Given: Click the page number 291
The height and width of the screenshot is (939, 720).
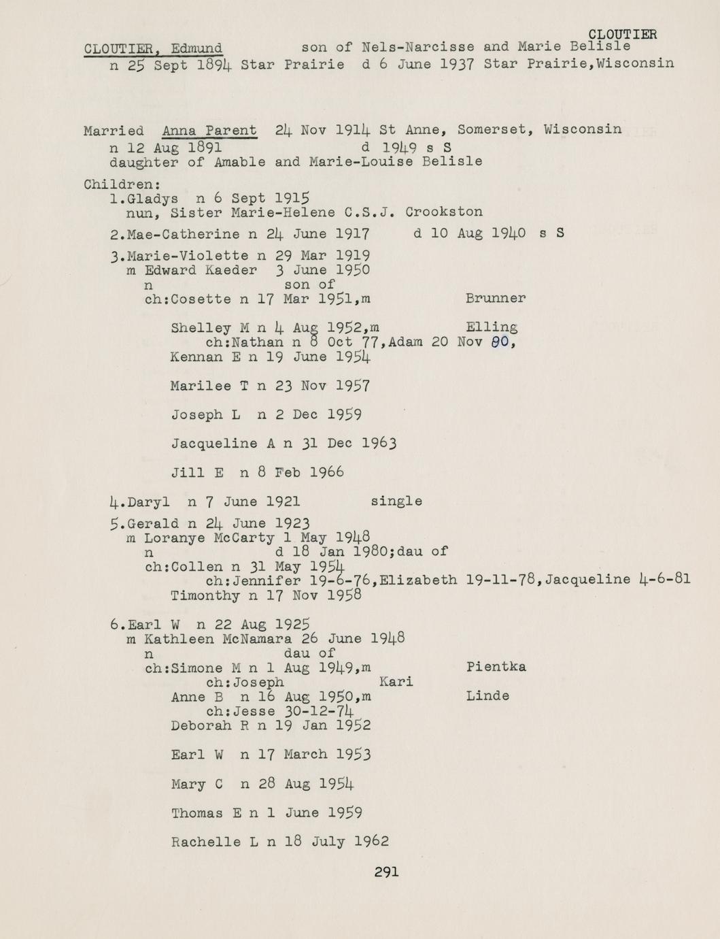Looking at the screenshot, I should (386, 872).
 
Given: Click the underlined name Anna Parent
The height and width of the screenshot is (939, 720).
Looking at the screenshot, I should (209, 130).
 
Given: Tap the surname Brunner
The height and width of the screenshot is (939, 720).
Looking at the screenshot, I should (496, 298).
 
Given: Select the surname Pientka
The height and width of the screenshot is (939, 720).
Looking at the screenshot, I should (496, 667).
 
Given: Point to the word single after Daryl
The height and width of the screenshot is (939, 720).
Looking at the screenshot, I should (396, 501).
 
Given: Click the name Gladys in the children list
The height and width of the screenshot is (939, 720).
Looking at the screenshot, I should (153, 199).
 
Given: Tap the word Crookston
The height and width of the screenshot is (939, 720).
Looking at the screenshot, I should (444, 212).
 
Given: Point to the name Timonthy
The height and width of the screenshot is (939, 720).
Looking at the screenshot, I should (205, 596).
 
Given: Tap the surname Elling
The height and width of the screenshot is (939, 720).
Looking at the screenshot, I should (492, 327).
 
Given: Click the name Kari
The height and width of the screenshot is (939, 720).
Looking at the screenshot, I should (396, 682).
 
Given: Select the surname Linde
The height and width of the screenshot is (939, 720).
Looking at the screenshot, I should (487, 696).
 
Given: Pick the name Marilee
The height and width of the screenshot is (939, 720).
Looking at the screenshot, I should (201, 386).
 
